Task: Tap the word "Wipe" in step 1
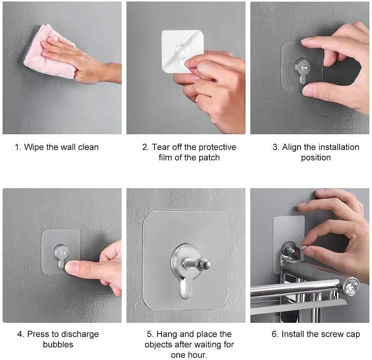[34, 147]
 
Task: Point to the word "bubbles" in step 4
[58, 344]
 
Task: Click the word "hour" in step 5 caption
[198, 354]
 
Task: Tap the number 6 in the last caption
[274, 334]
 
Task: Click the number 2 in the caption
[145, 147]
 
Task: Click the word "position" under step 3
[316, 158]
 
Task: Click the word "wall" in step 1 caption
[67, 147]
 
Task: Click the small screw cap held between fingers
[303, 247]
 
